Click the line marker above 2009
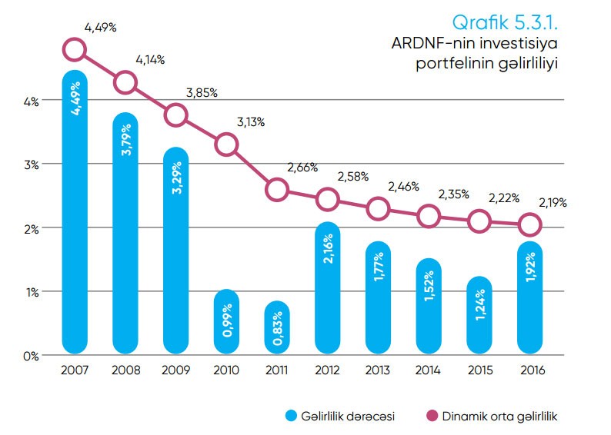[x=176, y=115]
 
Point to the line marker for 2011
[x=277, y=189]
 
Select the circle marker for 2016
[x=530, y=225]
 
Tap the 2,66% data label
[x=303, y=167]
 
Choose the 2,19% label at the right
[x=553, y=203]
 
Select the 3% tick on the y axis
[x=30, y=164]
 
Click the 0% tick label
[x=30, y=355]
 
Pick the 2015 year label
[x=479, y=370]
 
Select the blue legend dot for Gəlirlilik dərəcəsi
[x=290, y=416]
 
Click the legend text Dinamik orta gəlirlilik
[x=499, y=416]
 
